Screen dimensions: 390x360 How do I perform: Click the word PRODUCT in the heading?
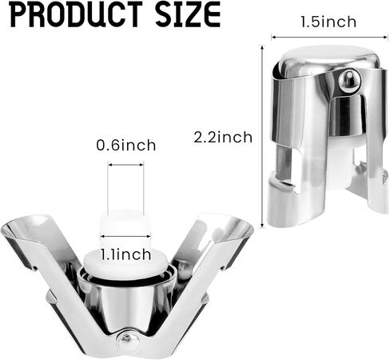(x=77, y=14)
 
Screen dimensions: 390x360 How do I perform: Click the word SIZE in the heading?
(x=188, y=14)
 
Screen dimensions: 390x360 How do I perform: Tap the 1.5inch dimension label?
(x=328, y=22)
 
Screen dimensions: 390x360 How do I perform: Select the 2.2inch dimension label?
(x=223, y=138)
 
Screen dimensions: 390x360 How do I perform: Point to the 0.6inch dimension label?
(x=126, y=146)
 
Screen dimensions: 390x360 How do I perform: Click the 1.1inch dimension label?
(x=125, y=254)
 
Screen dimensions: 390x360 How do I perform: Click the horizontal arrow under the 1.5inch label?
(x=329, y=38)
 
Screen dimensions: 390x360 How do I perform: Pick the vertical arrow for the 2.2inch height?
(x=262, y=137)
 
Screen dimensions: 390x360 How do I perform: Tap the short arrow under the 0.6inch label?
(x=125, y=165)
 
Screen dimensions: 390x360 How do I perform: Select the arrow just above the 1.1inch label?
(x=125, y=236)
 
